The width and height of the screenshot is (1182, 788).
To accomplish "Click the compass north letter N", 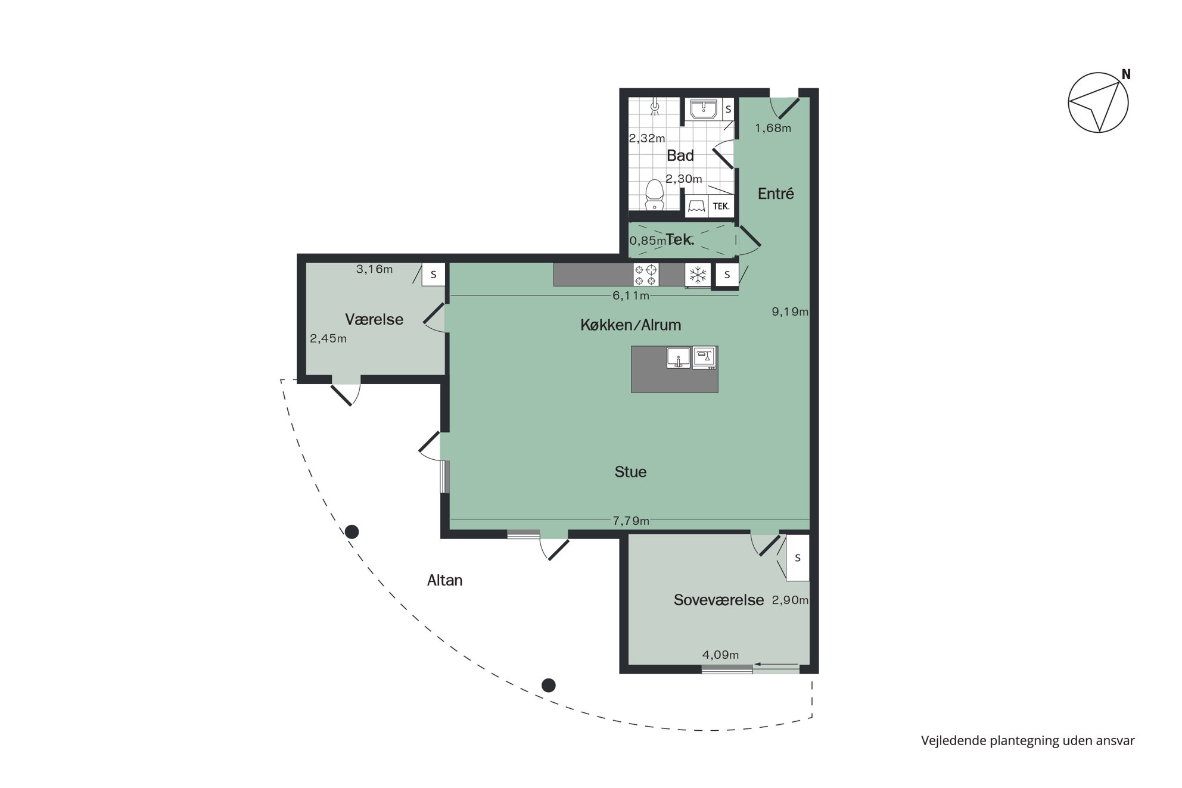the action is (x=1126, y=74).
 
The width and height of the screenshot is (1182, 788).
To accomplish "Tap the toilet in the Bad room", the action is (x=655, y=195).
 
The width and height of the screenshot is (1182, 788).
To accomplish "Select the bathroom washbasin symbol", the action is (x=704, y=110).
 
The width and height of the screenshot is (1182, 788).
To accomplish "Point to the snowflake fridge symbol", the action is (x=698, y=275).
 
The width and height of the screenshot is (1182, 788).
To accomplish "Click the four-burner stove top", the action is (x=646, y=275).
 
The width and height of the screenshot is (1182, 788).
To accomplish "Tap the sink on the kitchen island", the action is (x=679, y=358).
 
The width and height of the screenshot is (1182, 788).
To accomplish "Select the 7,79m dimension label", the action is (x=631, y=521).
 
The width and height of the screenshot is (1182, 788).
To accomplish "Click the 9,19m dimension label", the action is (x=790, y=312).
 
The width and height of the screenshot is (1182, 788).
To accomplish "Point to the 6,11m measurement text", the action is (x=631, y=295).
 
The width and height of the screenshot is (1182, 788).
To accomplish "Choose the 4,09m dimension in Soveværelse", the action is (x=720, y=655).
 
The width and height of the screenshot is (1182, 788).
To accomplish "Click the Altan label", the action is (x=444, y=581).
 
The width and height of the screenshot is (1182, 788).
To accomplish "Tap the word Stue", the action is (x=630, y=472).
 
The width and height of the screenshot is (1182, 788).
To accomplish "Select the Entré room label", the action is (x=776, y=194).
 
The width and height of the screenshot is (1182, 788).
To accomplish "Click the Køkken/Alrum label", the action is (x=630, y=325).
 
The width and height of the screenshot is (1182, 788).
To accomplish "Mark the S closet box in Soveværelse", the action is (x=798, y=558).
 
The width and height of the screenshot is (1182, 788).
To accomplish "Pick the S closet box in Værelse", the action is (x=434, y=275).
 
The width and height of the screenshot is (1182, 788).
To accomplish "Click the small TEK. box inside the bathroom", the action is (x=721, y=206).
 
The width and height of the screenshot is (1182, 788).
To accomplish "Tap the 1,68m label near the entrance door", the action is (x=773, y=128).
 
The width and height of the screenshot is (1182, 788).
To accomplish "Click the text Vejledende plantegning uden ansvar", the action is (x=1028, y=741).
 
